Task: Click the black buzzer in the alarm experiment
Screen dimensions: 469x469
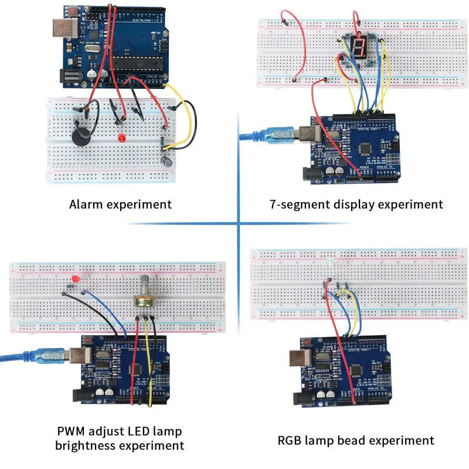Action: [78, 135]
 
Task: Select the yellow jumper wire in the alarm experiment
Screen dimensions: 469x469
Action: [190, 126]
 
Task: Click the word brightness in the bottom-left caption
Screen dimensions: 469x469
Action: [84, 446]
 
